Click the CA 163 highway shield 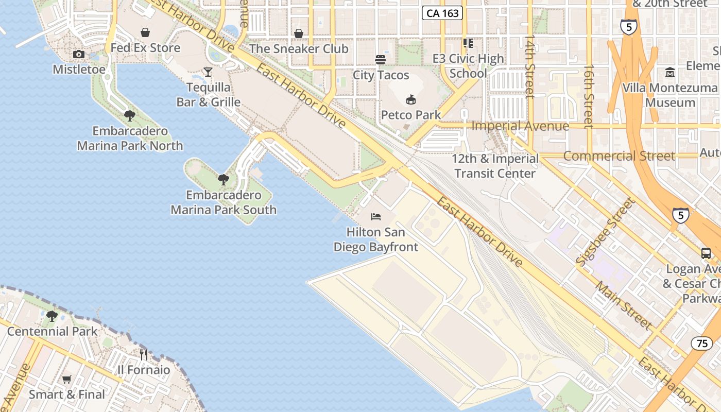coord(442,13)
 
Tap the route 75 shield coord(702,343)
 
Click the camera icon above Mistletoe coord(79,55)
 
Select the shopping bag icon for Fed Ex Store coord(145,33)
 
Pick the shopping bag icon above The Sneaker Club coord(299,34)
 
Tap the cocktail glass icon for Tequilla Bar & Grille coord(208,72)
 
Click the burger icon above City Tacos coord(381,60)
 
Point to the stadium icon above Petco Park coord(410,99)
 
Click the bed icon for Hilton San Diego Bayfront coord(376,217)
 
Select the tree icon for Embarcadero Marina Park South coord(224,180)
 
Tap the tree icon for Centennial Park coord(52,316)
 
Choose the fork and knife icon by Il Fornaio coord(144,354)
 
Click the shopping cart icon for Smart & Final coord(66,380)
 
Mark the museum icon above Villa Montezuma coord(670,73)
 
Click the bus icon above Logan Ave coord(706,253)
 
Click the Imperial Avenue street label coord(520,126)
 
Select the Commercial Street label coord(619,156)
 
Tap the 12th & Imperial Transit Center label coord(495,166)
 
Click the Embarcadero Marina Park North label coord(130,139)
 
